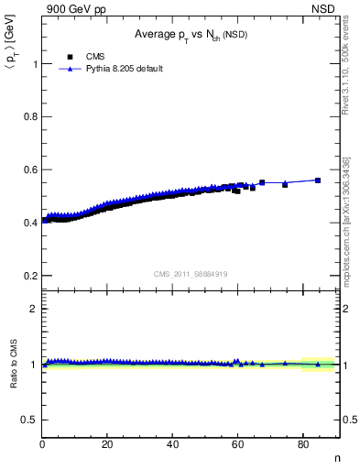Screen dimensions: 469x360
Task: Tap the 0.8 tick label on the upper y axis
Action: [29, 117]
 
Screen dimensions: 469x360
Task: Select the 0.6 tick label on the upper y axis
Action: [29, 169]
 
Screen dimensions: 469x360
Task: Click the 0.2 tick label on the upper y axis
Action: [29, 276]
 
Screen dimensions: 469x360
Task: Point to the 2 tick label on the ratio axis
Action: [33, 309]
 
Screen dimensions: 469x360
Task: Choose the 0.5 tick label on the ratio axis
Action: [29, 420]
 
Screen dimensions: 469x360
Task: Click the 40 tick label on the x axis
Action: [172, 444]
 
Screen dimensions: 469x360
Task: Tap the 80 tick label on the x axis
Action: [302, 444]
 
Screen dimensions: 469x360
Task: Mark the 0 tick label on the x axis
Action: [42, 444]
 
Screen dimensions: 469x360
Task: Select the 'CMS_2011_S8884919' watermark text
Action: [191, 273]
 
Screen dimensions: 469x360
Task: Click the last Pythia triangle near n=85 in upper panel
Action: [318, 180]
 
